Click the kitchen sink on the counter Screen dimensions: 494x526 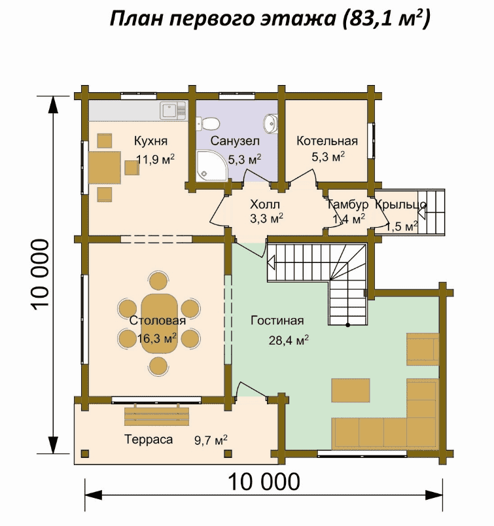click(173, 111)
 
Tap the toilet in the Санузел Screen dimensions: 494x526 click(208, 124)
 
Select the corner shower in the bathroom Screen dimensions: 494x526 click(212, 166)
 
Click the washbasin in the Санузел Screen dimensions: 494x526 click(270, 123)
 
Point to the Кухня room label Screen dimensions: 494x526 click(150, 141)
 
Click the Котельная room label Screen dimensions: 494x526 click(327, 141)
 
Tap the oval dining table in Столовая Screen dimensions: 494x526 click(159, 323)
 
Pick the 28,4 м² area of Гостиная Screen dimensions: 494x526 click(289, 340)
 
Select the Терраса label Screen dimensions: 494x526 click(149, 439)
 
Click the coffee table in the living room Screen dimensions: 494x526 click(351, 390)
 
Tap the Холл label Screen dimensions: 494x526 click(265, 204)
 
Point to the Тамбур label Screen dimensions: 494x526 click(347, 204)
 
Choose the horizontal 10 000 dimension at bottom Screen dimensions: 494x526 click(264, 482)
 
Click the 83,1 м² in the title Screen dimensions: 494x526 click(386, 18)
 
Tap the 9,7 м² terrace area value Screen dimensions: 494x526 click(211, 440)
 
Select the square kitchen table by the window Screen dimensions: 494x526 click(105, 167)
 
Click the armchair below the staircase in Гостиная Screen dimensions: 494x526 click(423, 349)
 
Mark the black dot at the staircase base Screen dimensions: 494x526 click(348, 324)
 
